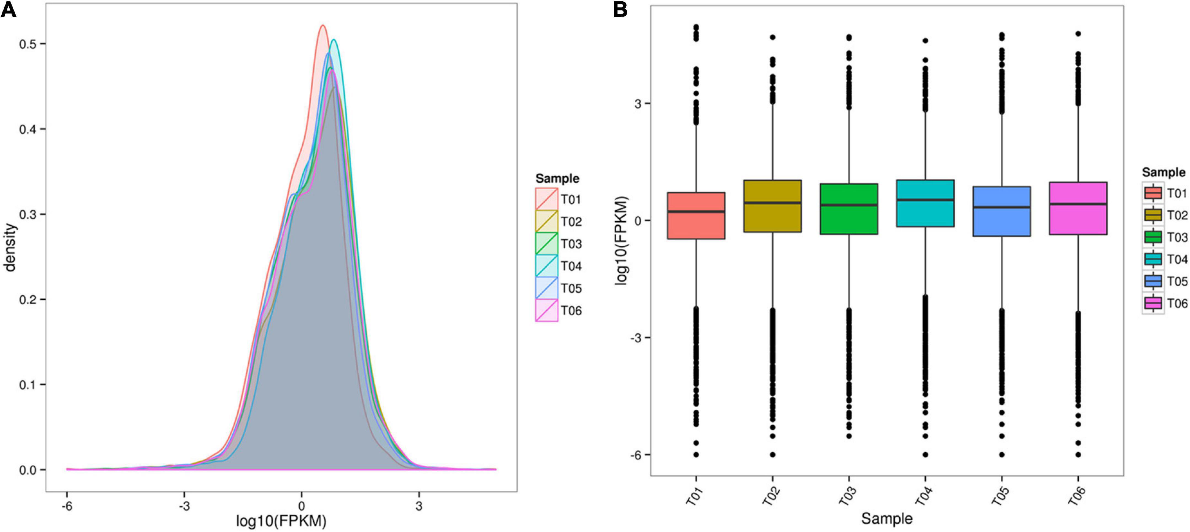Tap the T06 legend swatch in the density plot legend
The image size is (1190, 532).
[x=547, y=310]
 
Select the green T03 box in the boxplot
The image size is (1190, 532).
[x=849, y=219]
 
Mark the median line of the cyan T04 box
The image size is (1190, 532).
[x=925, y=200]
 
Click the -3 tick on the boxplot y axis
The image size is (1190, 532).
[x=639, y=338]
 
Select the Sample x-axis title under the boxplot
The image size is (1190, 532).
[x=887, y=518]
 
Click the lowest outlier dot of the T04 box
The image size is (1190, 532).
[x=925, y=455]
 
